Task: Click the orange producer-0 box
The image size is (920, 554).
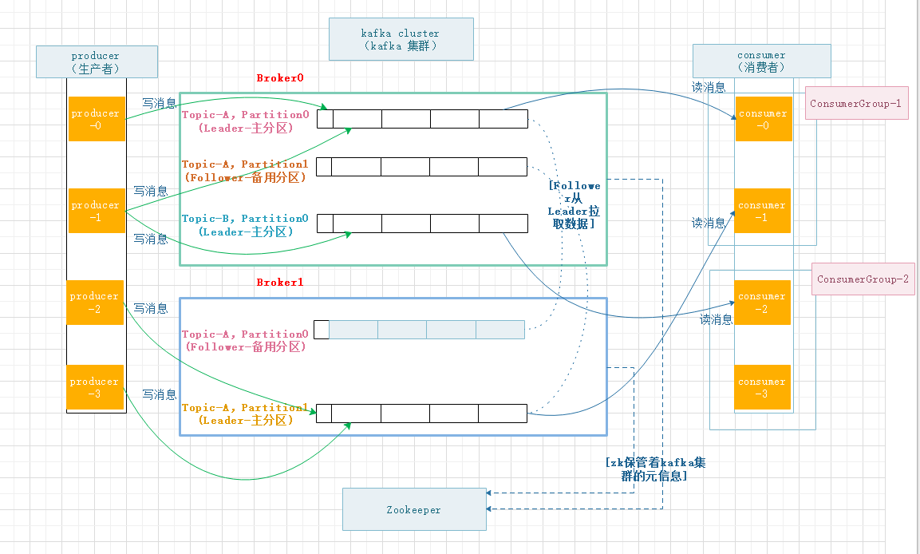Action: click(x=95, y=119)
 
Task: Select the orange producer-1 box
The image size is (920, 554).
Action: click(x=95, y=211)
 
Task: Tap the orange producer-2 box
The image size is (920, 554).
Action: click(x=95, y=303)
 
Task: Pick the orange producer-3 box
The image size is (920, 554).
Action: click(x=95, y=387)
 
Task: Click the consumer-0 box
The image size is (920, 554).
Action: click(x=762, y=119)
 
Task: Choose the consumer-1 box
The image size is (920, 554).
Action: click(x=762, y=211)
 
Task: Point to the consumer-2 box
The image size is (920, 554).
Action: click(x=762, y=303)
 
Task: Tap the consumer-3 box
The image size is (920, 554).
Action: click(x=762, y=387)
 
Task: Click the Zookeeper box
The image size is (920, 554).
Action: click(x=413, y=509)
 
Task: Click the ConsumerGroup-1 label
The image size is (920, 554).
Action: click(x=855, y=104)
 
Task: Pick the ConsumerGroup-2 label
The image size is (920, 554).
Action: click(x=862, y=279)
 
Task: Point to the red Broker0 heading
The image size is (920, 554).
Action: click(x=280, y=78)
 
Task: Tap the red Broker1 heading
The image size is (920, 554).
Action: click(x=280, y=283)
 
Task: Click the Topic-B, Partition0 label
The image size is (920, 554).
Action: click(x=246, y=225)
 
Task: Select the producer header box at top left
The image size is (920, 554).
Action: click(x=95, y=61)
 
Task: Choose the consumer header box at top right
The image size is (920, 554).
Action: click(x=761, y=61)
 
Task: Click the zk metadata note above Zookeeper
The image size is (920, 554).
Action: click(x=654, y=469)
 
